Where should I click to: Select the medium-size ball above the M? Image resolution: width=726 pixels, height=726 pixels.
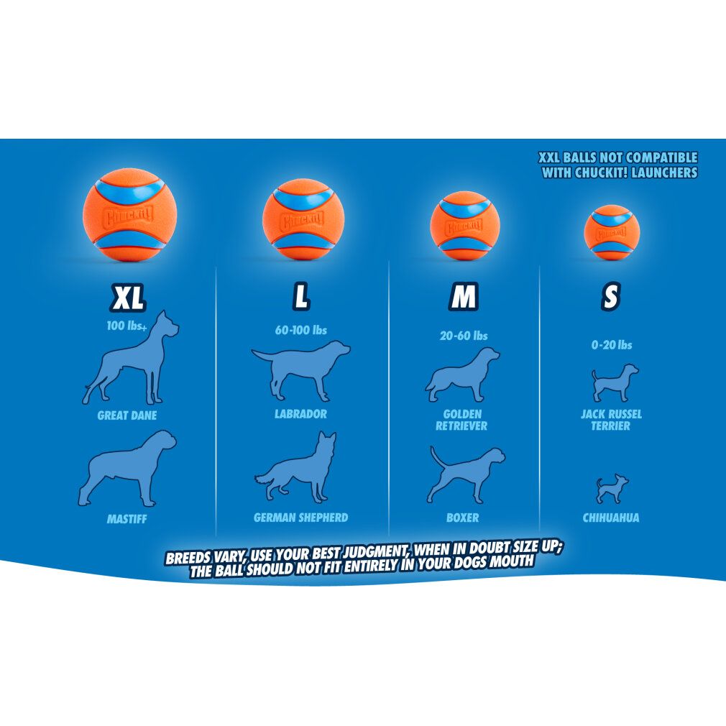point(464,226)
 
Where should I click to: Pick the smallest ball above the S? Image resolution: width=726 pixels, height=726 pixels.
point(612,232)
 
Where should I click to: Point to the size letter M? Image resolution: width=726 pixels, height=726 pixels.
point(464,296)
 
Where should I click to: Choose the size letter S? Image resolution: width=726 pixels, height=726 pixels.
point(610,296)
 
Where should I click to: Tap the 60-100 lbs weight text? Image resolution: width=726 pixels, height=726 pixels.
point(300,331)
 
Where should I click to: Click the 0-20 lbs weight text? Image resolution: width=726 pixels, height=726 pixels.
point(612,345)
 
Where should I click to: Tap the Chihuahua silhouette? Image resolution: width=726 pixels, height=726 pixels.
point(611,489)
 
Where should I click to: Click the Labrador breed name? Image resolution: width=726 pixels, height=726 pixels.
point(300,414)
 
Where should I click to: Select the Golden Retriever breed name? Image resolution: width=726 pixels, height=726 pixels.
point(462,420)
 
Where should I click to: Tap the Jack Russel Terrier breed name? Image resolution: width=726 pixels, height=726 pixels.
point(611,420)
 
